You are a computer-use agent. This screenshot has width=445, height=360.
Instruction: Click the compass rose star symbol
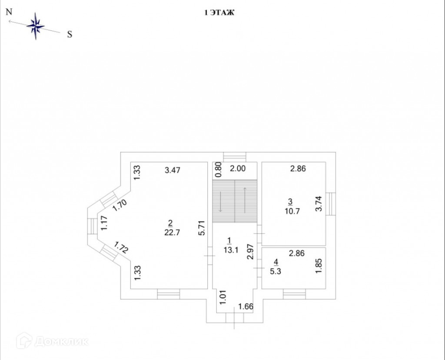(36, 27)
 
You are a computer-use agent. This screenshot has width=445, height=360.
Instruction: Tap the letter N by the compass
(8, 12)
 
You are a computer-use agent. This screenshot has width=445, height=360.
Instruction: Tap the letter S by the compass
(70, 35)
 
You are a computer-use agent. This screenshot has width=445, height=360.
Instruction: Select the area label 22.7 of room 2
(170, 232)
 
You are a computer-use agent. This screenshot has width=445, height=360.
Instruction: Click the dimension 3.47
(173, 170)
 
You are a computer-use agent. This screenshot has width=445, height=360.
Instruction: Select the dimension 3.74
(319, 204)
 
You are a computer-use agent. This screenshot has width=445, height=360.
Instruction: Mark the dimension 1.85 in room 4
(319, 266)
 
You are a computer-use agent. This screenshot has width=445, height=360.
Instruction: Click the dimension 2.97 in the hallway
(250, 251)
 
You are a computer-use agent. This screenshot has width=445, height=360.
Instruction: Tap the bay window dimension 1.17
(104, 223)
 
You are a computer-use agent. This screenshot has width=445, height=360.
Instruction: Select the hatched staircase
(235, 201)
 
